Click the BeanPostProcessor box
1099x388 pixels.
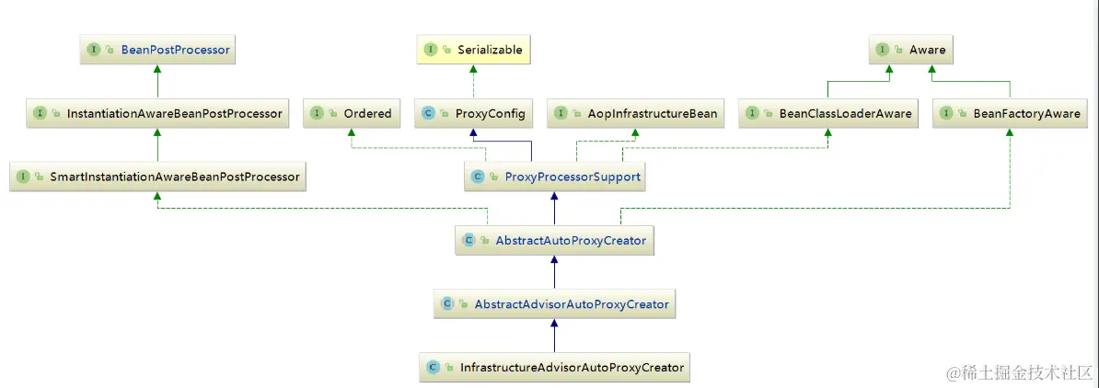[x=157, y=50]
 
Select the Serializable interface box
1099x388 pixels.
[x=474, y=50]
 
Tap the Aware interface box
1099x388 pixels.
[x=910, y=50]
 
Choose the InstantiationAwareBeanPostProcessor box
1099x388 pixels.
[x=157, y=114]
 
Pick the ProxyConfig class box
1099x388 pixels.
[x=473, y=114]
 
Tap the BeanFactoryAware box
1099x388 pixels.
[x=1011, y=114]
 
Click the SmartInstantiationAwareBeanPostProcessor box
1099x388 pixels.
[x=157, y=177]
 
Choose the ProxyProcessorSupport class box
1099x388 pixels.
[x=554, y=177]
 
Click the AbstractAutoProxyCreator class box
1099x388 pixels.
[x=554, y=241]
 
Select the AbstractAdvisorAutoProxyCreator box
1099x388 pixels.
[x=554, y=303]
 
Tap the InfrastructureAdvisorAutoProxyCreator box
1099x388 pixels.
[x=554, y=368]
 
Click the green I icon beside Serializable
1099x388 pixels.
[x=430, y=50]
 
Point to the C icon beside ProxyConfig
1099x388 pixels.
[x=427, y=114]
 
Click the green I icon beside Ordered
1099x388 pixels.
[x=317, y=114]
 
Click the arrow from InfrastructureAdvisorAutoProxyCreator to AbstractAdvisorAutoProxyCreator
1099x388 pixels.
[x=554, y=337]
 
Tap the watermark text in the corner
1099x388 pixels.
[x=1018, y=373]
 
